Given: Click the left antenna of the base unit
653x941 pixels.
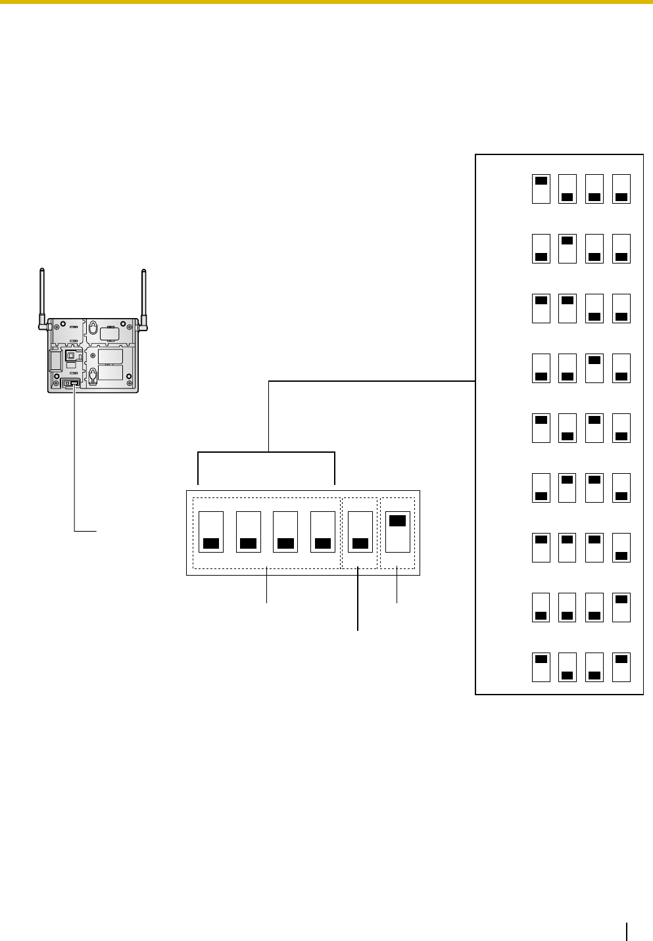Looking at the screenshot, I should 42,296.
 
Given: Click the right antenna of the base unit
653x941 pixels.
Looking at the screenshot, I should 144,296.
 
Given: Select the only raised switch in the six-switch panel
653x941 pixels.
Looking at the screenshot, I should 397,532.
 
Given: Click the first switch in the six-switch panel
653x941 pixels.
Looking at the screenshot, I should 211,532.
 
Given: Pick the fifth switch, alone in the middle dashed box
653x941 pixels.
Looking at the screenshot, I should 360,532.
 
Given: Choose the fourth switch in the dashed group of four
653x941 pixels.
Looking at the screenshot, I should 322,532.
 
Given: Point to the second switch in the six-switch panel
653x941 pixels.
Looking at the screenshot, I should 249,532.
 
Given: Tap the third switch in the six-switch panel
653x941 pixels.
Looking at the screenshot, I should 285,532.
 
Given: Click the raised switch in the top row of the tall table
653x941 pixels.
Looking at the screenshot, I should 541,189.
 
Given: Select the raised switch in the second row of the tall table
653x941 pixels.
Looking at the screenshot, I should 568,248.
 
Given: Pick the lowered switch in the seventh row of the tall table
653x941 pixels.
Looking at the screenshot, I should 621,547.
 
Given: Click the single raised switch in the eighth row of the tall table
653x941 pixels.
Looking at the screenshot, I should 621,607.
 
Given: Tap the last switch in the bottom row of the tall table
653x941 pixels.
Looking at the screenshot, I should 621,667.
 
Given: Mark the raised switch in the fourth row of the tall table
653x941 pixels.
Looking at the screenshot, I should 594,368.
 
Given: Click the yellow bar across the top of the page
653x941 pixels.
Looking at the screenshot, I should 326,2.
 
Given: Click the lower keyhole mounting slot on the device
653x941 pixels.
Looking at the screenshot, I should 93,375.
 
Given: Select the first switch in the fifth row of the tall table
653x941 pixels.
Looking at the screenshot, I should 541,428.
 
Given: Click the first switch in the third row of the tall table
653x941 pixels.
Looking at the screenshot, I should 541,308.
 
